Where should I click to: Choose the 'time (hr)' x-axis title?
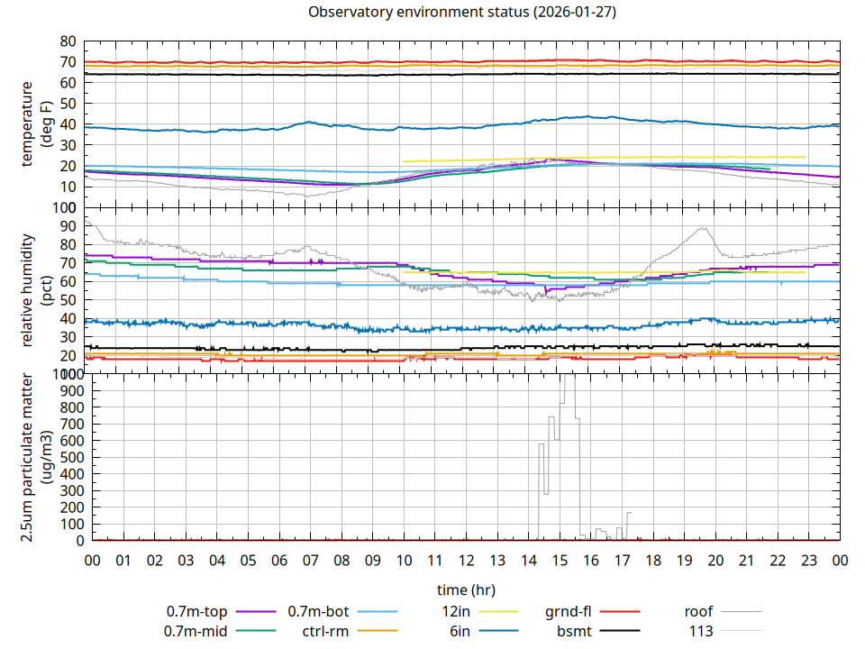tap(466, 590)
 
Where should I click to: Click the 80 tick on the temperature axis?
tap(67, 41)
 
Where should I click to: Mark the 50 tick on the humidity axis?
tap(67, 299)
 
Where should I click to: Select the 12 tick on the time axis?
tap(466, 561)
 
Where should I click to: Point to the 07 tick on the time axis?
tap(310, 561)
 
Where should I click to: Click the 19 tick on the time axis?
tap(684, 561)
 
